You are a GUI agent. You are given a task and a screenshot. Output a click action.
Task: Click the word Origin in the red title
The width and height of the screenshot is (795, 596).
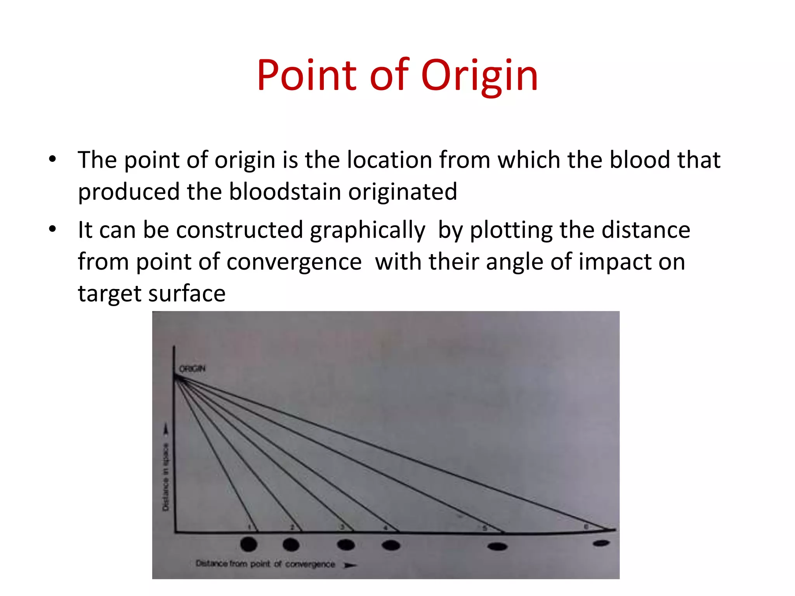tap(479, 76)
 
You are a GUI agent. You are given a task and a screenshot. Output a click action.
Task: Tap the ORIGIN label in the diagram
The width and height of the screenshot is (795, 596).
tap(192, 369)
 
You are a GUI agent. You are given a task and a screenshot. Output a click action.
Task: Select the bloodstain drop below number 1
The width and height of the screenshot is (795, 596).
tap(249, 544)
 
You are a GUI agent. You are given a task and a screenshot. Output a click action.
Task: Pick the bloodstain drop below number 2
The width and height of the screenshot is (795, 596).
tap(291, 544)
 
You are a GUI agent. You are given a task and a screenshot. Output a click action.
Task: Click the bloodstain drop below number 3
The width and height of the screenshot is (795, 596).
tap(346, 545)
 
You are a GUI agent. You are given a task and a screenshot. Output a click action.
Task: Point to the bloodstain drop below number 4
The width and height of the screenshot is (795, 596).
tap(391, 545)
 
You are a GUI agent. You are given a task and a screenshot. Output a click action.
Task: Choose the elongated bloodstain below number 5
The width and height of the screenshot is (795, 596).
tap(497, 547)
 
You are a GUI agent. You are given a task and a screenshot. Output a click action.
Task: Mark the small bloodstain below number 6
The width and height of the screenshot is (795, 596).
tap(601, 543)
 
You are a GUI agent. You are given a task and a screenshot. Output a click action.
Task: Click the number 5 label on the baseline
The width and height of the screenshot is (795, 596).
tap(484, 528)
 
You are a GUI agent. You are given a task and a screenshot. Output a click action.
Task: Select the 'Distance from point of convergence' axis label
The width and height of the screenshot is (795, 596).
tap(265, 564)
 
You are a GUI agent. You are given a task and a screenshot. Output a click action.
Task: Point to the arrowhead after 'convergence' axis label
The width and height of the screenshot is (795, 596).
tap(350, 565)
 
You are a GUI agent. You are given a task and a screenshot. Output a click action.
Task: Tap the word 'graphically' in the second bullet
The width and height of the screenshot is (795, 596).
tap(368, 230)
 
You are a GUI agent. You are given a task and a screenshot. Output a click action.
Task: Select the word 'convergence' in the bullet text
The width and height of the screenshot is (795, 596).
tap(294, 262)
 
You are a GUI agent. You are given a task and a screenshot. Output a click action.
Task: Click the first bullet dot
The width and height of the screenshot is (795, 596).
tap(53, 159)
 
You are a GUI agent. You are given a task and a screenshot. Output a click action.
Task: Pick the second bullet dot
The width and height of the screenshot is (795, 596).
tap(53, 229)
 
